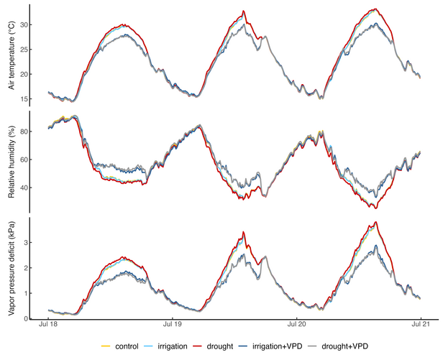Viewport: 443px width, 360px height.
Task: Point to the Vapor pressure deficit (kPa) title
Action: coord(11,268)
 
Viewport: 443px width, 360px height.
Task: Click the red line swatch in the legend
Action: coord(214,347)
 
